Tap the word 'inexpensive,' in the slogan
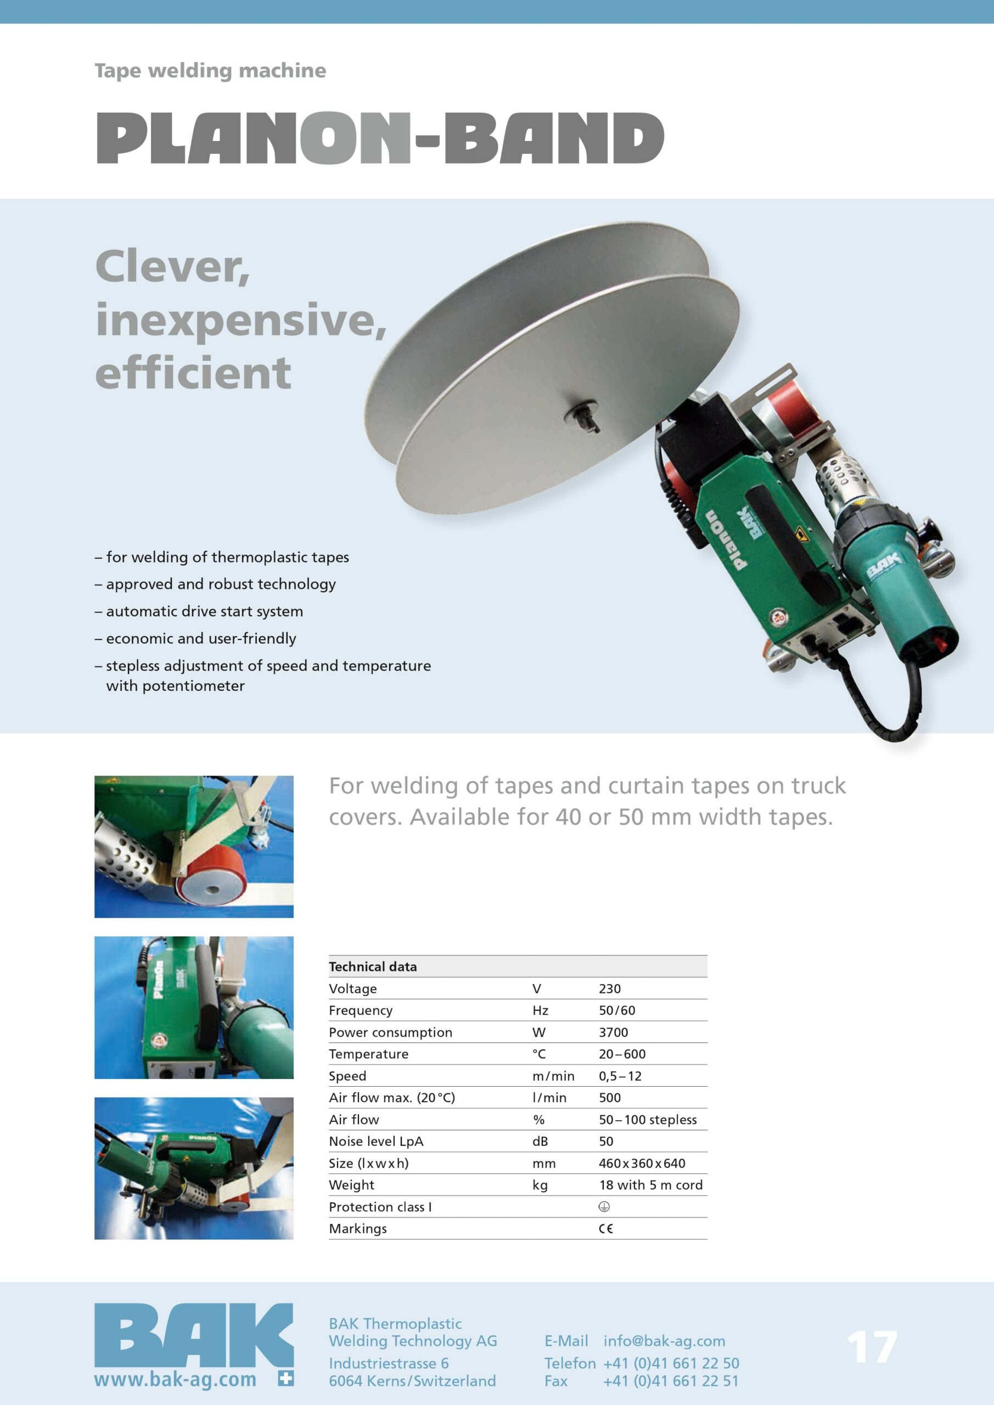coord(241,321)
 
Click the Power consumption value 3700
coord(613,1032)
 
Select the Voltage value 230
coord(610,989)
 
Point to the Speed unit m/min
coord(553,1076)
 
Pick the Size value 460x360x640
coord(642,1164)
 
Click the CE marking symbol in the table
coord(605,1229)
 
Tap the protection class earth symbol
coord(604,1207)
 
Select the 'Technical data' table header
coord(373,967)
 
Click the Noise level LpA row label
coord(376,1141)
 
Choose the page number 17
coord(872,1347)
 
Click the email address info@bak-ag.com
coord(664,1341)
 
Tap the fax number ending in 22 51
coord(671,1381)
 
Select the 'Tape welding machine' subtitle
coord(210,71)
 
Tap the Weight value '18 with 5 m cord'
coord(650,1185)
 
